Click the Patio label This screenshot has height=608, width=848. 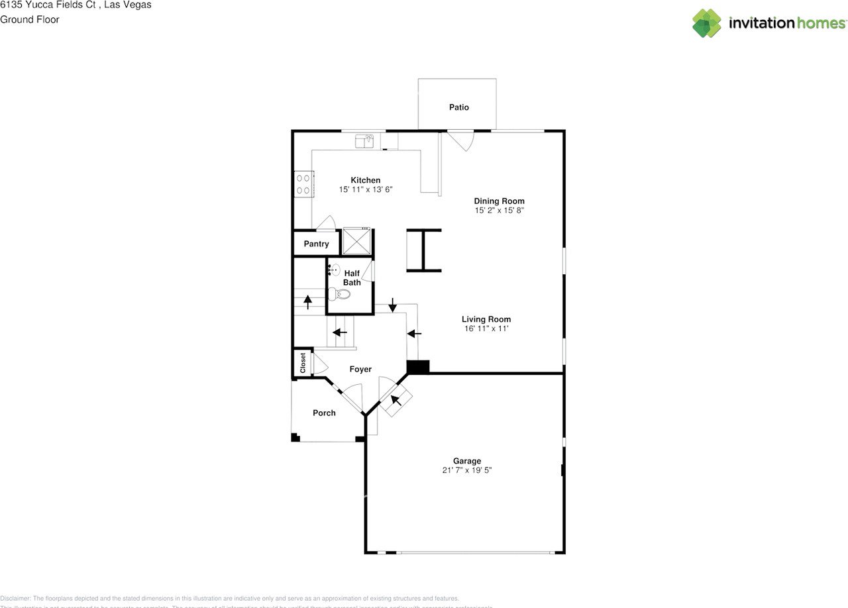click(458, 107)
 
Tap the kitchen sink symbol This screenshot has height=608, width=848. click(365, 140)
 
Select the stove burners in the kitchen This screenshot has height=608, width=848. click(304, 183)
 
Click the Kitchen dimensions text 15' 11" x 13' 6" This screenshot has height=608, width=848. click(366, 190)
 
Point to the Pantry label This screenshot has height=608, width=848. click(317, 244)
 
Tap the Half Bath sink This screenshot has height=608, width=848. click(334, 270)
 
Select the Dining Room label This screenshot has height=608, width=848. click(499, 201)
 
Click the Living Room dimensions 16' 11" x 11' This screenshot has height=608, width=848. click(486, 329)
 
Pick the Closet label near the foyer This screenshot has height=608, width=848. click(303, 363)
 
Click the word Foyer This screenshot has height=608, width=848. click(360, 369)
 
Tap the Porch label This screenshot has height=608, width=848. click(324, 413)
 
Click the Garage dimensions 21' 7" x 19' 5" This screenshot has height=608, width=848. click(467, 470)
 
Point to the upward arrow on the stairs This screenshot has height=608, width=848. click(307, 301)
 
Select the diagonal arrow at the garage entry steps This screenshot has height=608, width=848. click(397, 399)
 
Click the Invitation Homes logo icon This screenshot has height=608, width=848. click(707, 23)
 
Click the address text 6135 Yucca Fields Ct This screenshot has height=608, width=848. click(46, 5)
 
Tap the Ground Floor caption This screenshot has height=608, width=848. click(30, 19)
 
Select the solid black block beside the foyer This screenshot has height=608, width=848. click(417, 366)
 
